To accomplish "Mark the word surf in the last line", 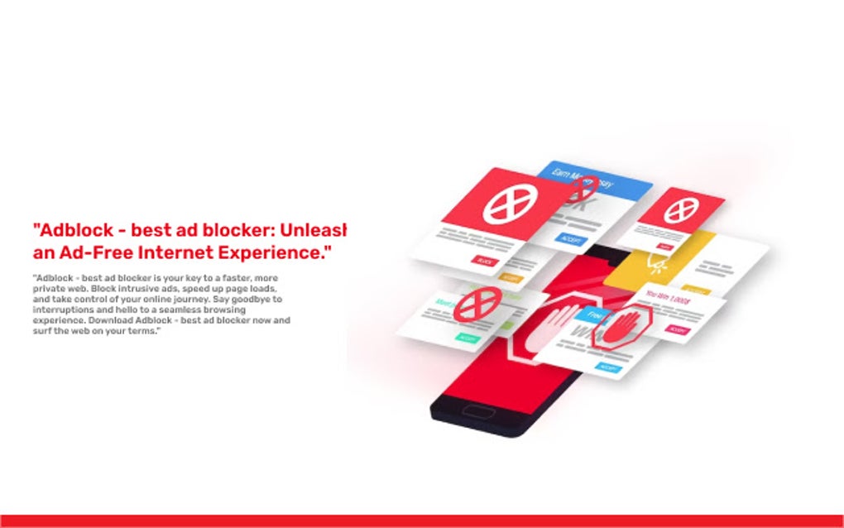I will point(42,331).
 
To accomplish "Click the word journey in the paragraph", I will point(169,299).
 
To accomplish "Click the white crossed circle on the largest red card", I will point(510,202).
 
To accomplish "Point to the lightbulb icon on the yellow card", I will point(656,265).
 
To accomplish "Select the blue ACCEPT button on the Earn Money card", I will point(569,238).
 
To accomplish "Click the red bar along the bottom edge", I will point(422,521).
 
